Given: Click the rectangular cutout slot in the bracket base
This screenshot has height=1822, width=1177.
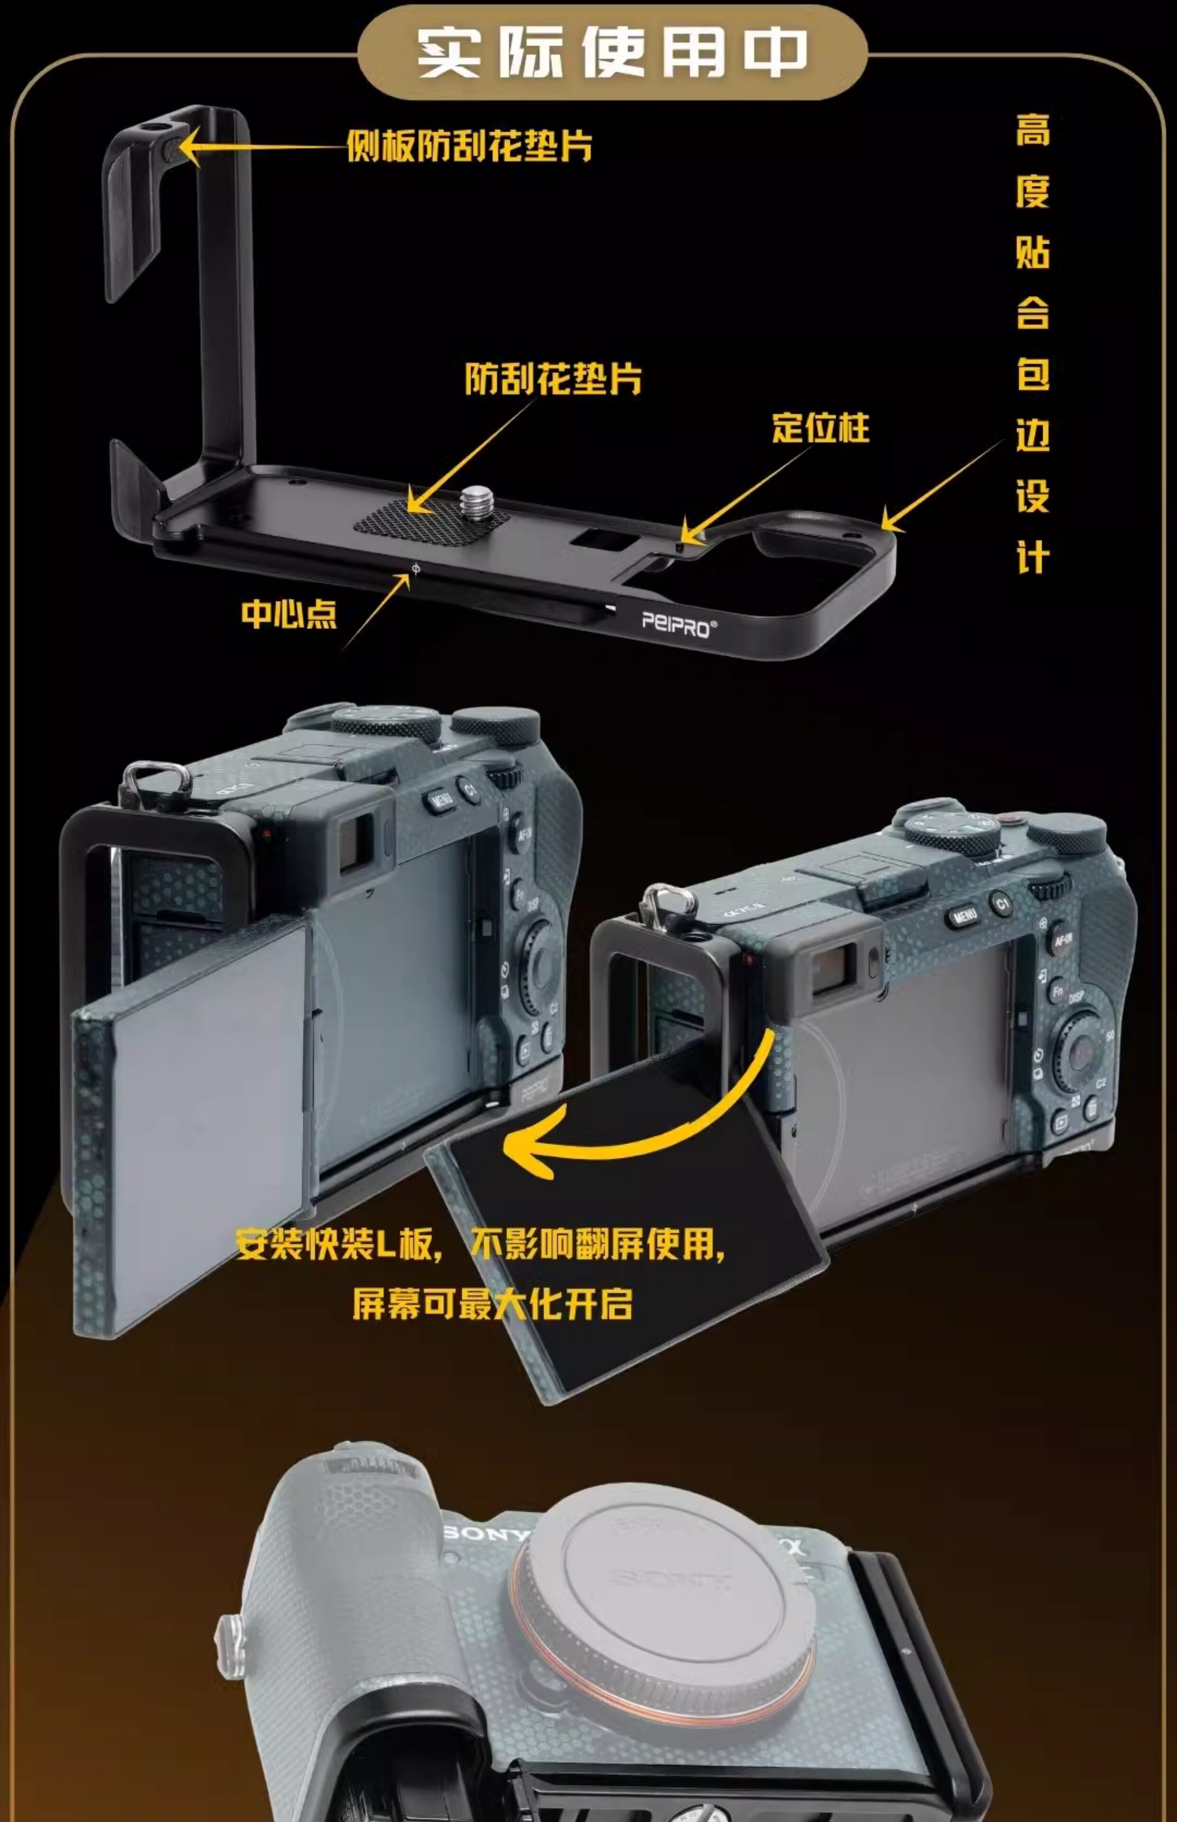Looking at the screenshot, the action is [x=604, y=540].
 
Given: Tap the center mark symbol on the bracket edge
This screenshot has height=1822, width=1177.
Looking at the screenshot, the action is [x=416, y=568].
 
